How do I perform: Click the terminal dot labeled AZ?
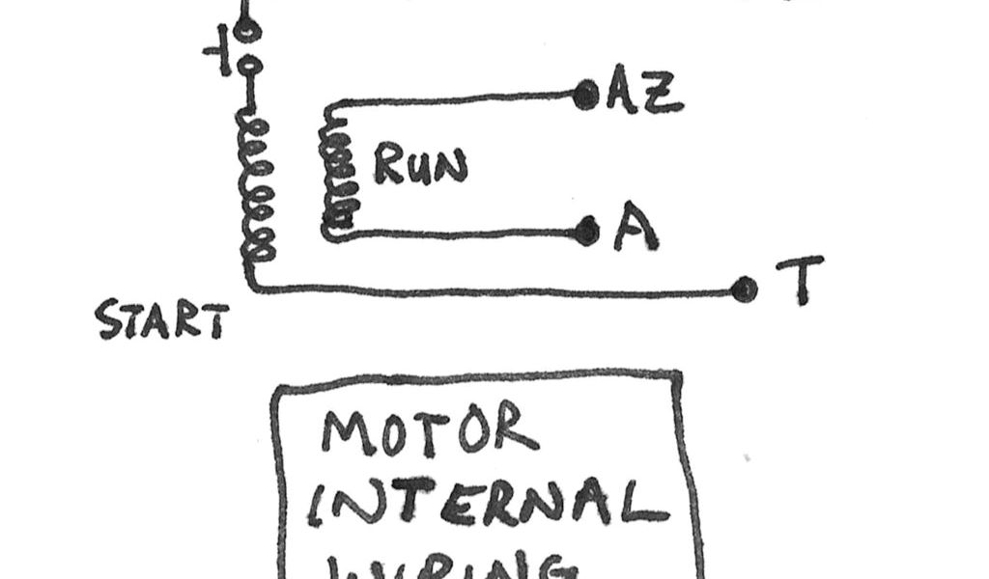click(585, 95)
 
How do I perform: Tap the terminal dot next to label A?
click(585, 232)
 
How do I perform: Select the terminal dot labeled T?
click(744, 289)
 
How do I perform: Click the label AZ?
click(644, 94)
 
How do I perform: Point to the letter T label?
click(800, 279)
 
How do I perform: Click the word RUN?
click(419, 165)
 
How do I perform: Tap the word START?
click(162, 321)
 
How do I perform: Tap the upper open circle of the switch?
click(249, 32)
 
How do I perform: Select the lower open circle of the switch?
click(249, 68)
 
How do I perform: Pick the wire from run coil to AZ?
click(454, 98)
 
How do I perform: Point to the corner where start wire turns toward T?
click(251, 286)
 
